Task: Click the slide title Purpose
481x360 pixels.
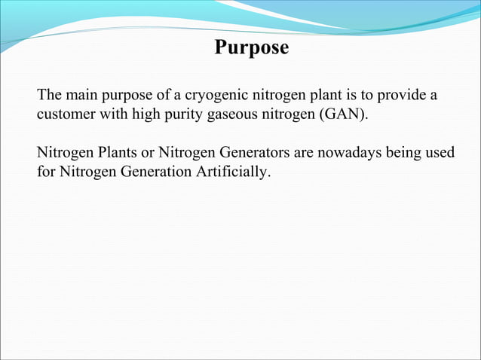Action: [251, 47]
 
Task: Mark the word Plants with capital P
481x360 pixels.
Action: [111, 154]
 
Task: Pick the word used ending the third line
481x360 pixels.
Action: [440, 154]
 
